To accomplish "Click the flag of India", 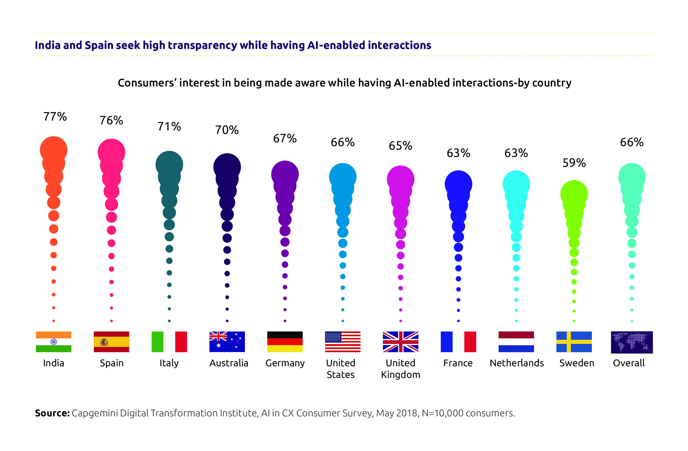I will click(x=54, y=342).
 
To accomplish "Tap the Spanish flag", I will click(x=111, y=342).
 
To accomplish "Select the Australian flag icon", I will click(x=227, y=342).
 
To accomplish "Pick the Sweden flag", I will click(x=574, y=342).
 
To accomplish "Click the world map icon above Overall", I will click(x=631, y=342).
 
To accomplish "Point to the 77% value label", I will click(x=55, y=117).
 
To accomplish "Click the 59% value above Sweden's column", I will click(x=574, y=163).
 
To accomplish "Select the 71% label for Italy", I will click(x=169, y=127).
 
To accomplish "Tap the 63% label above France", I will click(x=458, y=153).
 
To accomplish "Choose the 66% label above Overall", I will click(x=631, y=142).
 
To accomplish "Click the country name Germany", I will click(x=285, y=363).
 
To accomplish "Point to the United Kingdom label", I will click(x=401, y=369).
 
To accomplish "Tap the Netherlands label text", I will click(x=517, y=363).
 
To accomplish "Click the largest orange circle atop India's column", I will click(x=54, y=150).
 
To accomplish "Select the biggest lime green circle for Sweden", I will click(x=574, y=194).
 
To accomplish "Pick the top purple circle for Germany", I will click(x=285, y=174).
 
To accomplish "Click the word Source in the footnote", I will click(x=52, y=413).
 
